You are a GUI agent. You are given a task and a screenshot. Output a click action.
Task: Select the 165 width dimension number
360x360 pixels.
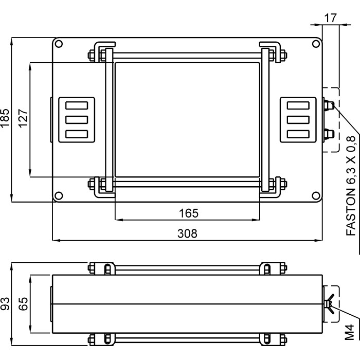(188, 212)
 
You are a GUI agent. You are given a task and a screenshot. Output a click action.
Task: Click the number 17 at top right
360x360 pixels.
(330, 17)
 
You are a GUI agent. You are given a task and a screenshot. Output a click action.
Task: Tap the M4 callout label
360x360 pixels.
(350, 332)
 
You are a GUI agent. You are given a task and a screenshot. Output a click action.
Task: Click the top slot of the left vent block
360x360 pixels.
(77, 106)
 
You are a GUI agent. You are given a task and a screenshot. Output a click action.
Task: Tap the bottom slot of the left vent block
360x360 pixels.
(77, 134)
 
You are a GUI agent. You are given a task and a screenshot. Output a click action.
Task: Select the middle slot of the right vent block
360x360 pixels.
(298, 120)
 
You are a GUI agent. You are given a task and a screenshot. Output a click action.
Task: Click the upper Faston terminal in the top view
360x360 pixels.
(329, 105)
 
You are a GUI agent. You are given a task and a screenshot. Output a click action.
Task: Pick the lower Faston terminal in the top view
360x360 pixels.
(329, 135)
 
